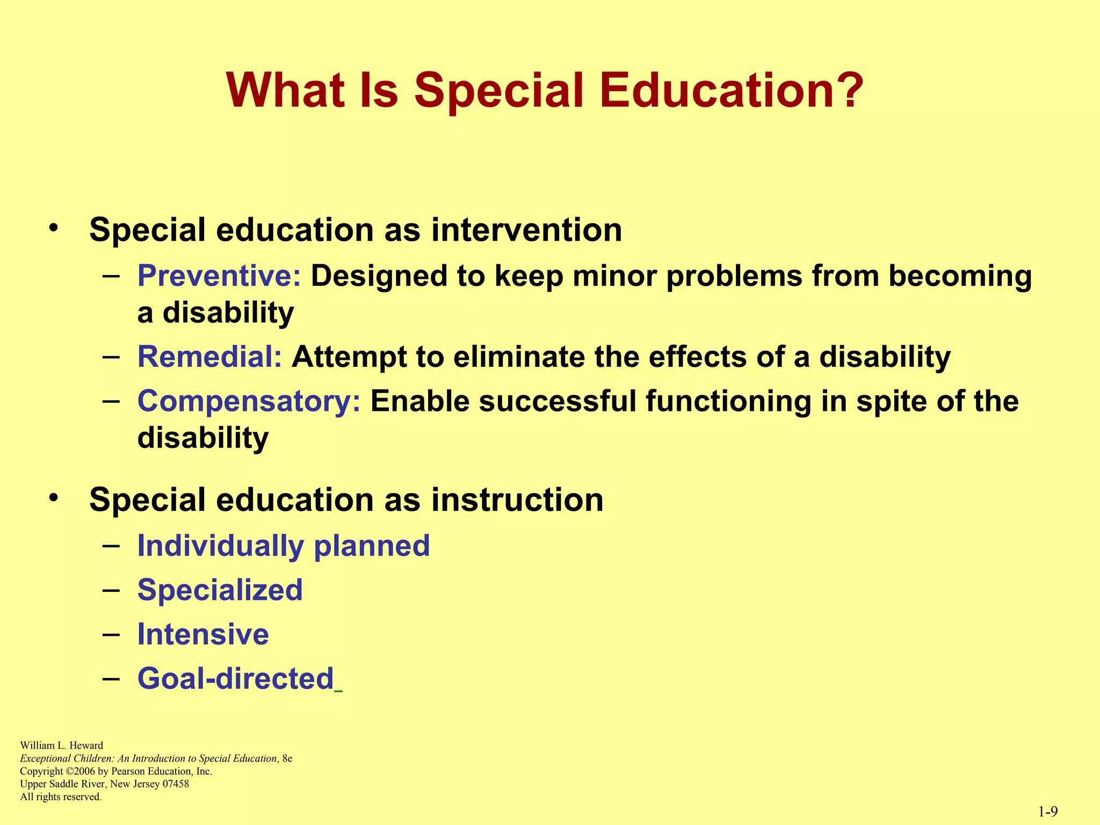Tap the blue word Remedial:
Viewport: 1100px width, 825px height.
coord(209,357)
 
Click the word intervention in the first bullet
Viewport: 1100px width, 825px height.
coord(526,230)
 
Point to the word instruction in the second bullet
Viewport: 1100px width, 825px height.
coord(517,500)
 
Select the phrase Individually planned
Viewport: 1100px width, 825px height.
coord(284,546)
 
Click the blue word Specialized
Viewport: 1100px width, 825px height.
coord(220,590)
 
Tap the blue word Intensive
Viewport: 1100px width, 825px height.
coord(203,634)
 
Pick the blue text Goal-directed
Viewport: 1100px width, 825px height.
coord(236,678)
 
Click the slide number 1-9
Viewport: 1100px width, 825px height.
coord(1048,812)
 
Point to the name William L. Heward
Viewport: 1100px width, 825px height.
coord(61,746)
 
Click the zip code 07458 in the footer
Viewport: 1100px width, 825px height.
coord(176,784)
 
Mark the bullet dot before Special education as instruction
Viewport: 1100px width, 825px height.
coord(53,498)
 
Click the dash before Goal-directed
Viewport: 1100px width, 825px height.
coord(111,678)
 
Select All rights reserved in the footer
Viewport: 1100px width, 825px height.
coord(61,797)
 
